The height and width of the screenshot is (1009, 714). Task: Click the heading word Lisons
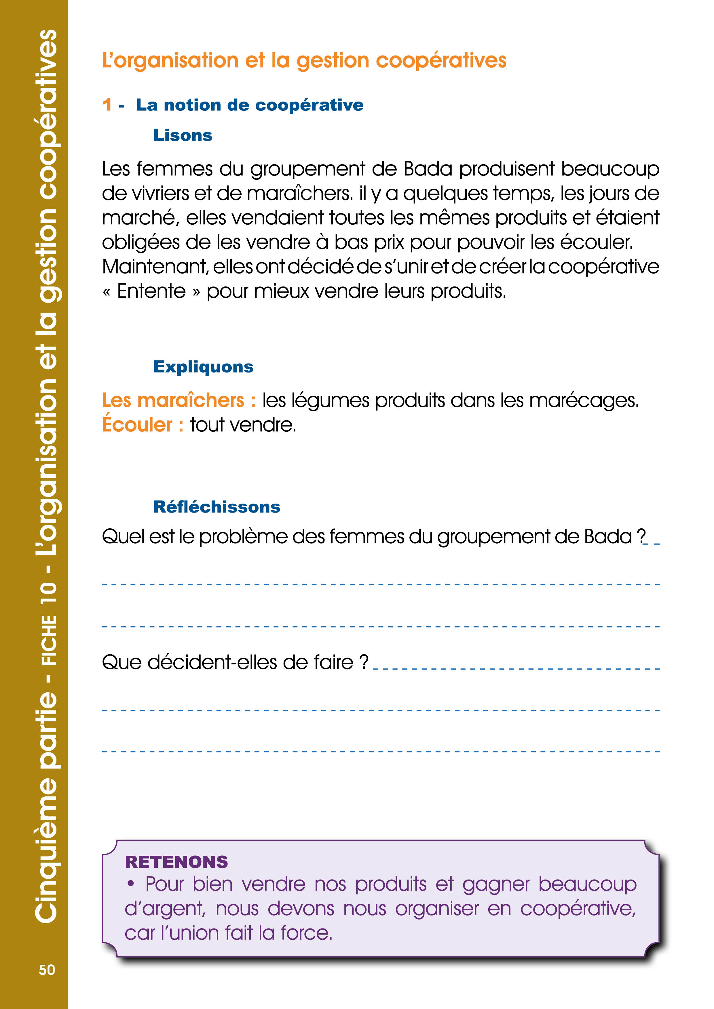pyautogui.click(x=183, y=135)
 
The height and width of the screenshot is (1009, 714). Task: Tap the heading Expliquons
pyautogui.click(x=203, y=366)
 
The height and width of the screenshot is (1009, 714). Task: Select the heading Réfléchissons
pyautogui.click(x=217, y=507)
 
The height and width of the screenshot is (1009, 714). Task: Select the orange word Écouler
pyautogui.click(x=137, y=425)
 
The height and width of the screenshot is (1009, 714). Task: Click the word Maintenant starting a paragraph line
pyautogui.click(x=155, y=267)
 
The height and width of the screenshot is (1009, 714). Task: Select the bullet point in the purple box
pyautogui.click(x=131, y=884)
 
